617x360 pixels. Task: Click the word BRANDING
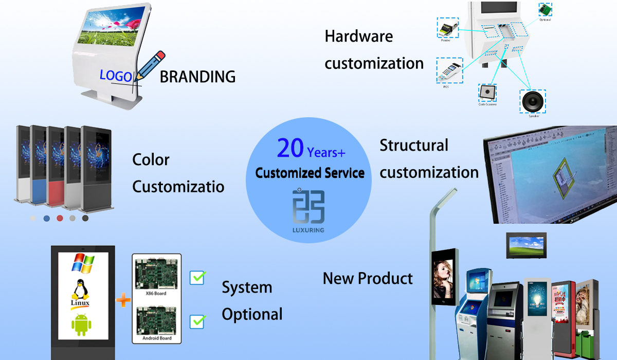(197, 77)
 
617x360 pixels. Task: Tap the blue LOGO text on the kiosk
(116, 76)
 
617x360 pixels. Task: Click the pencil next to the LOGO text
(149, 66)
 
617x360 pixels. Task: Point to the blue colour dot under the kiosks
(47, 218)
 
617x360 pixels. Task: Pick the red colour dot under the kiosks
(60, 218)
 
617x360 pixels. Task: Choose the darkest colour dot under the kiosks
(85, 218)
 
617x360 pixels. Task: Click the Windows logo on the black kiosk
(83, 263)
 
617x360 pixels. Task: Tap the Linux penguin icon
(80, 292)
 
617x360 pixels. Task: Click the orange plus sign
(123, 300)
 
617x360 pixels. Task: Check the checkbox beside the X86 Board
(197, 277)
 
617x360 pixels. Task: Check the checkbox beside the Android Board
(197, 321)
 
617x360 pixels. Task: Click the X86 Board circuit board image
(156, 273)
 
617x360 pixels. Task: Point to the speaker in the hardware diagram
(532, 101)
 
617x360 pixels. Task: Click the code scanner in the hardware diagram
(487, 93)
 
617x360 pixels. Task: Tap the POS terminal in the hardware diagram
(449, 70)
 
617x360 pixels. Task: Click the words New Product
(368, 278)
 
